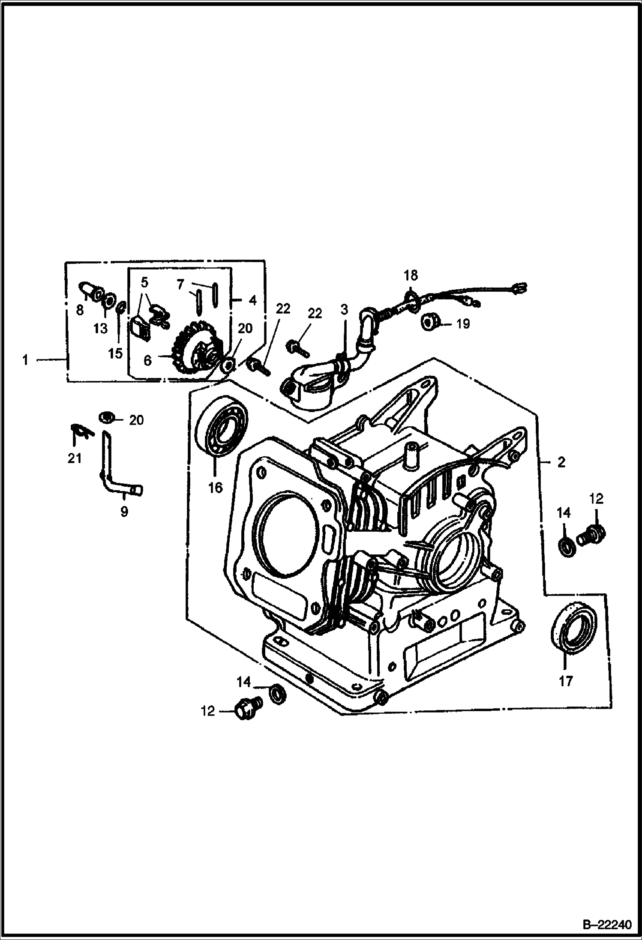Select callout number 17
point(565,681)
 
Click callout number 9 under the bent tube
point(124,511)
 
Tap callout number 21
point(75,458)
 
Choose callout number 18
point(411,275)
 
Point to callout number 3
point(345,309)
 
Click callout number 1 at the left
point(25,360)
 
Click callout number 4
point(252,300)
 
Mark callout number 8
point(80,310)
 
